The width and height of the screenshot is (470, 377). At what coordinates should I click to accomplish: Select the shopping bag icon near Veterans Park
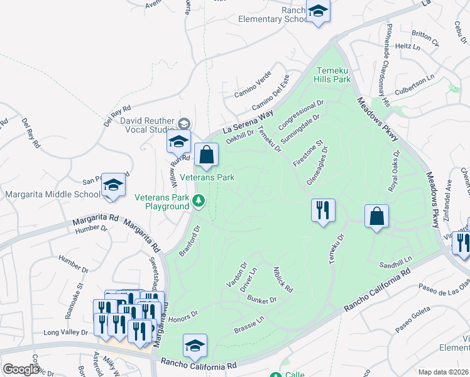click(x=206, y=155)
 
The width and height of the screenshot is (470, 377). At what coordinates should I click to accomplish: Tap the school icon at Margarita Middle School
click(x=113, y=185)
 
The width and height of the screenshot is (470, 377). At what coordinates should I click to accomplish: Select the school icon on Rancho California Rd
click(x=195, y=346)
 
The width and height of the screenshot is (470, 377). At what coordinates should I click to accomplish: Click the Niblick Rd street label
click(x=283, y=280)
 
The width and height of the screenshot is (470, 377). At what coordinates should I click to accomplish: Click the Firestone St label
click(x=310, y=154)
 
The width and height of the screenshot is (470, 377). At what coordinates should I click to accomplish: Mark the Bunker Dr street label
click(x=262, y=300)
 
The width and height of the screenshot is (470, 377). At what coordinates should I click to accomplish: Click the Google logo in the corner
click(x=21, y=369)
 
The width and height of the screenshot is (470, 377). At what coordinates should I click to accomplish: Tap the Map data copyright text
click(x=443, y=372)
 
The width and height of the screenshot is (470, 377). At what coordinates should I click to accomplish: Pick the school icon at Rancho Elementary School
click(x=318, y=12)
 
